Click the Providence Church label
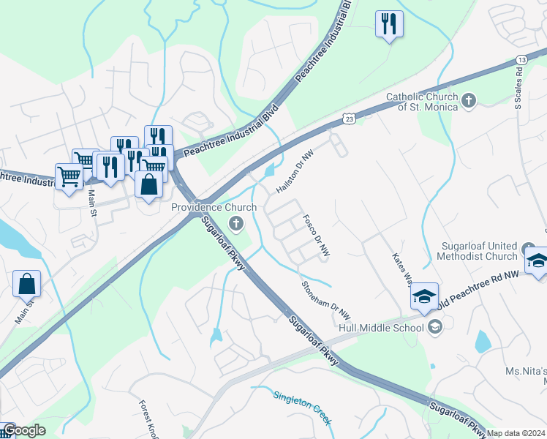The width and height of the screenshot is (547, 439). (x=214, y=207)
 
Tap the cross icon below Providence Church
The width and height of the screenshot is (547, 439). (x=236, y=222)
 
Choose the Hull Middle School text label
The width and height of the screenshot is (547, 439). (x=380, y=327)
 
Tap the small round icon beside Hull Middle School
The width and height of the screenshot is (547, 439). (x=435, y=326)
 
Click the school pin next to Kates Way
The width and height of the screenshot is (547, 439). (x=424, y=297)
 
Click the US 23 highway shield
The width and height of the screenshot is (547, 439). (x=350, y=118)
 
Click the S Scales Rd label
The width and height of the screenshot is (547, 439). (x=519, y=91)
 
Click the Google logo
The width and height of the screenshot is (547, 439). (x=24, y=430)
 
